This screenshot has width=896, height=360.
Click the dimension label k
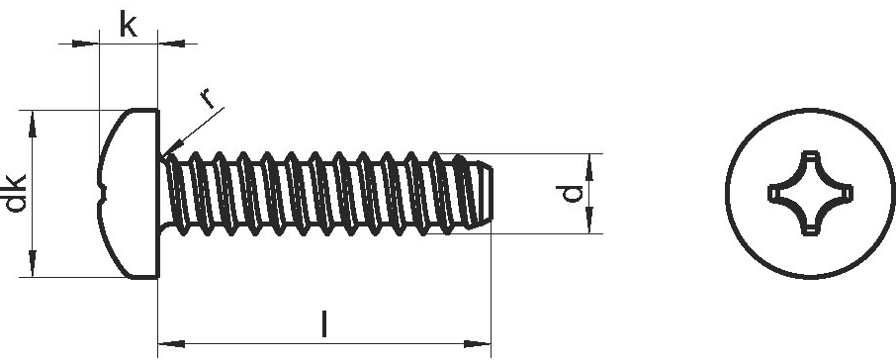[x=128, y=24]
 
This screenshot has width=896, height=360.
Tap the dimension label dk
[x=16, y=193]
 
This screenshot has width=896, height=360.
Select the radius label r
[x=207, y=98]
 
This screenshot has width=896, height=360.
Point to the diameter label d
[x=573, y=194]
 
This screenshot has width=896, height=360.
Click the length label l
[x=324, y=324]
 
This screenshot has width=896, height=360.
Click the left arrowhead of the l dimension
[x=171, y=344]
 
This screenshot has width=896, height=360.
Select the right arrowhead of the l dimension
[x=477, y=344]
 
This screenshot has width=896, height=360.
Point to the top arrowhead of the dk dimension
[x=32, y=124]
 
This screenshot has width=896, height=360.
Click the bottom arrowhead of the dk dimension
[x=32, y=263]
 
